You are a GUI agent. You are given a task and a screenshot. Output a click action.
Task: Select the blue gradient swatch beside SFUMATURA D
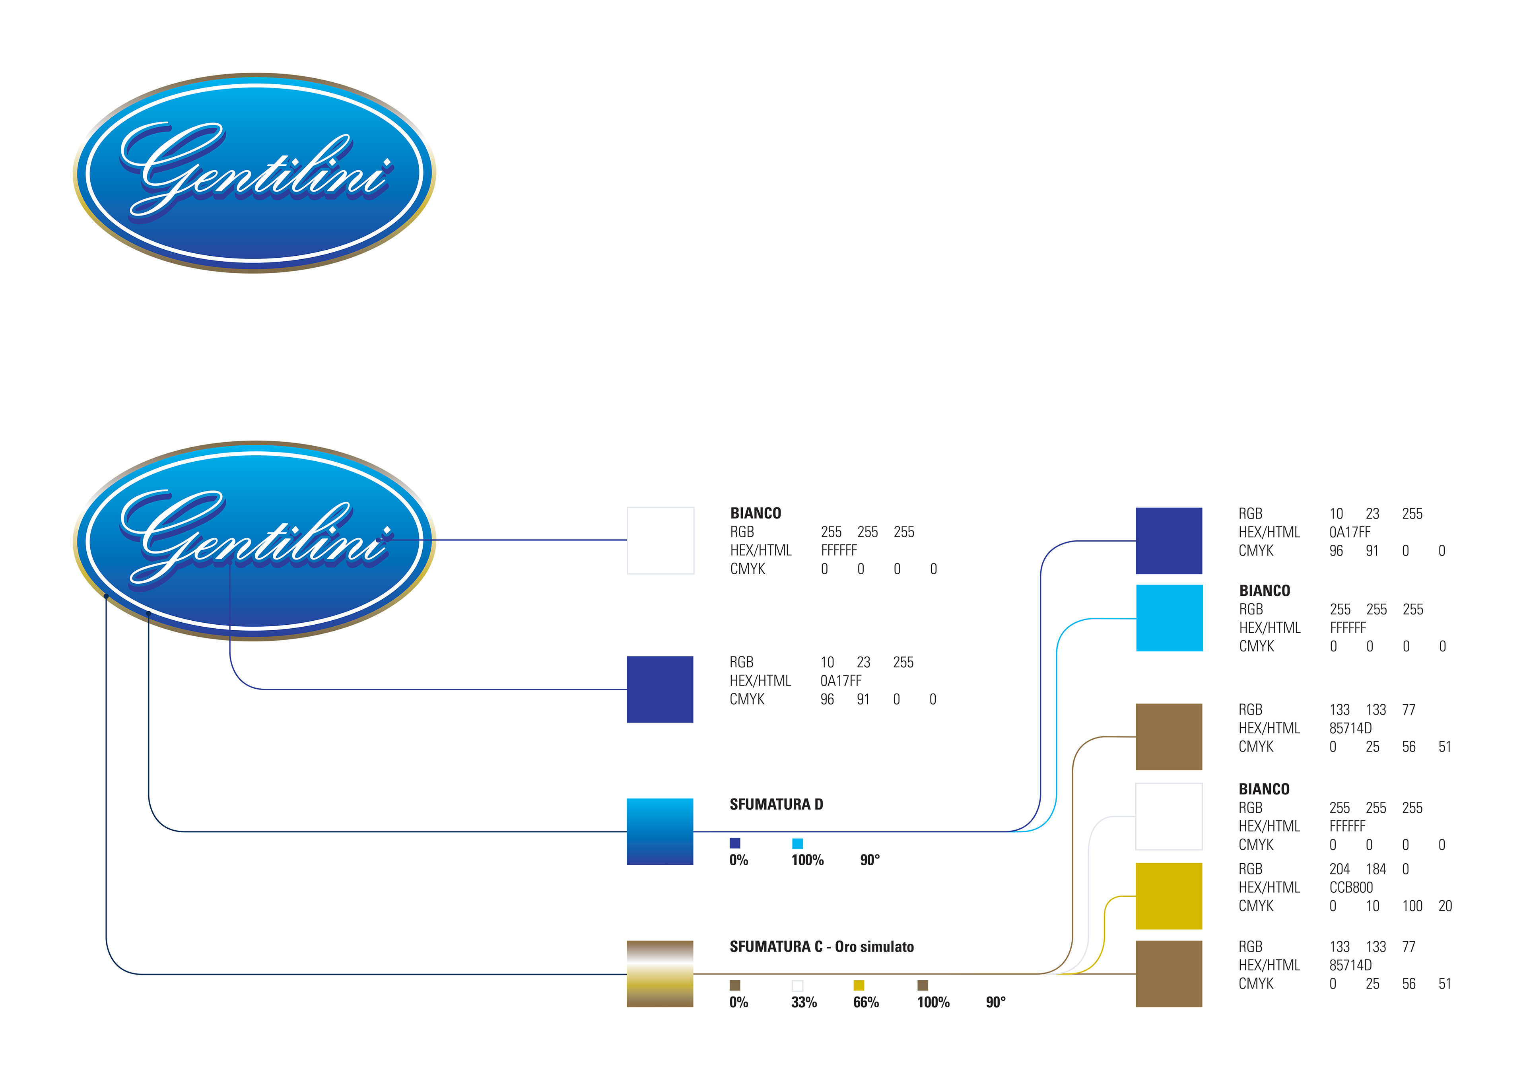[x=660, y=831]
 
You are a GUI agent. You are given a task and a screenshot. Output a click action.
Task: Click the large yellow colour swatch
[x=1169, y=896]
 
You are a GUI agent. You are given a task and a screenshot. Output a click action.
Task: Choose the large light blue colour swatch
[x=1169, y=618]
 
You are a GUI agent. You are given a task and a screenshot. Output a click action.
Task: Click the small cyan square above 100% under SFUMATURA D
[x=797, y=843]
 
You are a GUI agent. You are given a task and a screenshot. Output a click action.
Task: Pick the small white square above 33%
[x=797, y=986]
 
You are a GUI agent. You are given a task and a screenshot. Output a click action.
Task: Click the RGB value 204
[x=1339, y=869]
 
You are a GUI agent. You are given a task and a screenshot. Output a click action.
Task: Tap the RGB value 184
[x=1376, y=869]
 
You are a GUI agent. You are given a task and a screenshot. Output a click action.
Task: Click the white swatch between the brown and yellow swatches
[x=1169, y=817]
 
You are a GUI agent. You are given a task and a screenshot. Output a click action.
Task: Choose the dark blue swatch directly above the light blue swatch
[x=1169, y=541]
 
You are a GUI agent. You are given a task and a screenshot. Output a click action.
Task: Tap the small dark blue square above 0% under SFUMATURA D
[x=735, y=843]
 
